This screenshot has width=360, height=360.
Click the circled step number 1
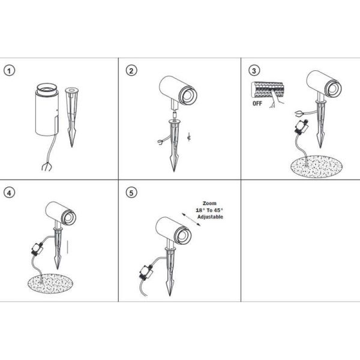[x=10, y=71]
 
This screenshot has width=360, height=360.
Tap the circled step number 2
[x=131, y=71]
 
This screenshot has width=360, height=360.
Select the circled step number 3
[x=255, y=71]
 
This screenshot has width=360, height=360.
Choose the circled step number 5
[x=131, y=193]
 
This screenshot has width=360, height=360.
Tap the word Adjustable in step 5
[x=207, y=217]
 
